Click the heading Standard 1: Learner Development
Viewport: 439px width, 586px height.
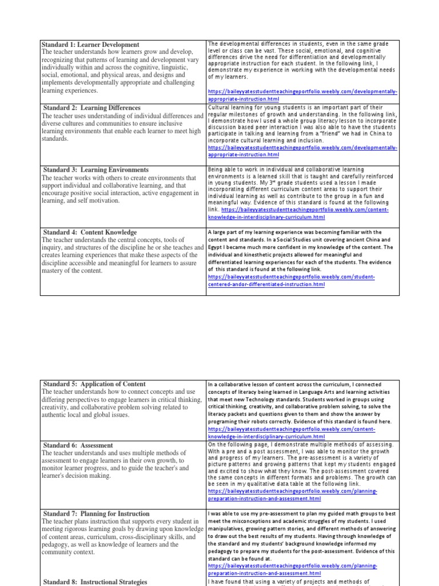pos(90,45)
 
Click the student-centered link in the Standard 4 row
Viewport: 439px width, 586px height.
pos(292,277)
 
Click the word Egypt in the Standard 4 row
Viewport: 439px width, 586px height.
pos(216,247)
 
